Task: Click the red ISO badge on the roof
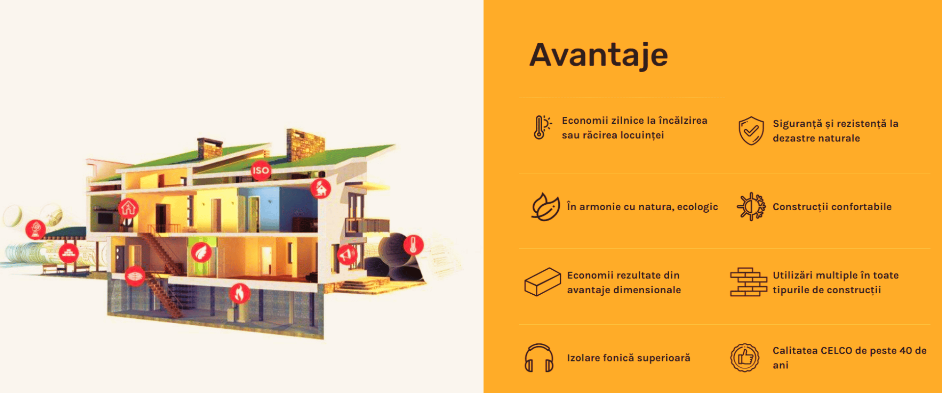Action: point(261,170)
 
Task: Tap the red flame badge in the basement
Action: point(239,294)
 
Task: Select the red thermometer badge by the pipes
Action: point(413,245)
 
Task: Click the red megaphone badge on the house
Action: point(347,254)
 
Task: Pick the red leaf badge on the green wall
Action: point(201,253)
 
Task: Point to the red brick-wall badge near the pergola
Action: point(69,253)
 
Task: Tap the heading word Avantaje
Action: point(599,55)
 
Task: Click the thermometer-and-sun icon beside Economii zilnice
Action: point(542,127)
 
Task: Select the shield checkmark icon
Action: point(751,131)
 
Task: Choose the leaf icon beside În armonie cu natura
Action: point(546,206)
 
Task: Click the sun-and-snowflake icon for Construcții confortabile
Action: point(751,206)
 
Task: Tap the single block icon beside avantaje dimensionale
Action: point(542,281)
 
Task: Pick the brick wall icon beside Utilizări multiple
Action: point(749,282)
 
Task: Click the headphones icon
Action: point(539,358)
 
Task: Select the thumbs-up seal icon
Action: point(745,358)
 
